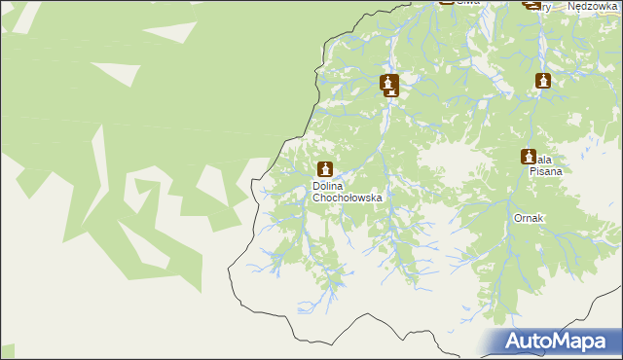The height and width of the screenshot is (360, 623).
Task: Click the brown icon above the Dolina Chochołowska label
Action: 325,169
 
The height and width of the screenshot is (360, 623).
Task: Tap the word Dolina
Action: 331,186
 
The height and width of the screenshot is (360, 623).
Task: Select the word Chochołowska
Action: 348,198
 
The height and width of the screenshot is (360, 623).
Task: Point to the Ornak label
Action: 529,219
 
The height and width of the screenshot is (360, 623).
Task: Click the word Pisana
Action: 546,170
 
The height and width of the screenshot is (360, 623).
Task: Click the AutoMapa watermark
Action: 558,341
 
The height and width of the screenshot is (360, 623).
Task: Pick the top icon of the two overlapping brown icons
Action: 389,82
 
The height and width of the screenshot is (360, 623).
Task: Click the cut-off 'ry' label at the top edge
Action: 546,6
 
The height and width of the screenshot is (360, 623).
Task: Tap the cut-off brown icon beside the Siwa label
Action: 447,2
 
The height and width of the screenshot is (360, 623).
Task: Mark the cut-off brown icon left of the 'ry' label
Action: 531,4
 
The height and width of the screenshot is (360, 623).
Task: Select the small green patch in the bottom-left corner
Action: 8,351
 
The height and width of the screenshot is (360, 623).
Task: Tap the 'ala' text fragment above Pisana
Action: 545,159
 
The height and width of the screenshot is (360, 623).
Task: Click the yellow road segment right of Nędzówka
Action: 617,5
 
